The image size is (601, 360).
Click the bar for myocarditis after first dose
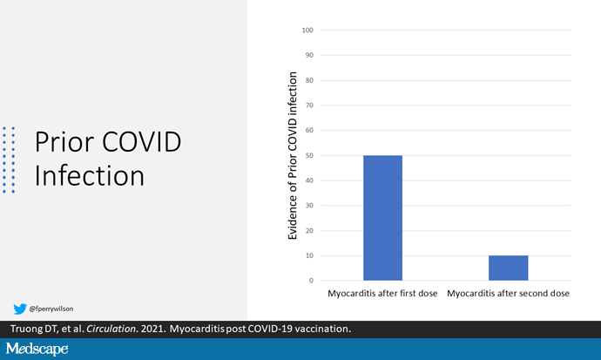(x=383, y=218)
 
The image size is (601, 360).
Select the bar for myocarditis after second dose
(x=509, y=268)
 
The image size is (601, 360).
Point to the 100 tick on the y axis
(x=307, y=30)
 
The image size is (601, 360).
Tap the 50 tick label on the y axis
(x=309, y=156)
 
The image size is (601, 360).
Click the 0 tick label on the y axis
(x=311, y=281)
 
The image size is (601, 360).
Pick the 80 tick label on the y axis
(x=309, y=80)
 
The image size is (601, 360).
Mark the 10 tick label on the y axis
(x=309, y=255)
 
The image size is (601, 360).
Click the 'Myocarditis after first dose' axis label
(x=382, y=294)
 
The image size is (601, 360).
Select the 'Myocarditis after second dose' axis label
(x=509, y=294)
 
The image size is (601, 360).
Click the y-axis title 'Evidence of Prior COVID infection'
(x=293, y=156)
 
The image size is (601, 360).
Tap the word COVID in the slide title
(x=141, y=142)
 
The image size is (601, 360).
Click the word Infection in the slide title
(x=90, y=175)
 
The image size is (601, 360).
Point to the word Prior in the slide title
(x=64, y=142)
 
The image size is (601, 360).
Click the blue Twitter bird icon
(x=20, y=309)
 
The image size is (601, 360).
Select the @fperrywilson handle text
(x=51, y=309)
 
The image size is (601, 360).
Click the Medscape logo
(x=37, y=349)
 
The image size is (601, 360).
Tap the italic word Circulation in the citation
(x=111, y=329)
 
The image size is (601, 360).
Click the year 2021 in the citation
(x=153, y=329)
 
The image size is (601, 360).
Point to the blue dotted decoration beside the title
(x=9, y=160)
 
